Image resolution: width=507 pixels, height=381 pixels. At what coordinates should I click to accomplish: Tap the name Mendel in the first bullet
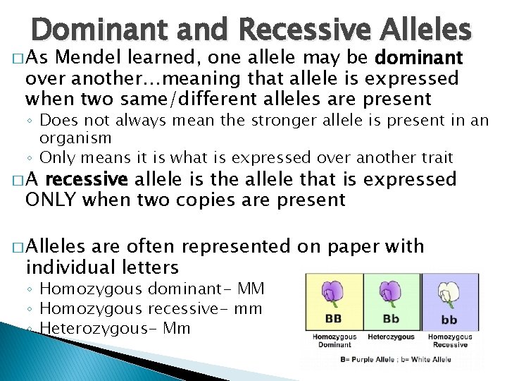128,58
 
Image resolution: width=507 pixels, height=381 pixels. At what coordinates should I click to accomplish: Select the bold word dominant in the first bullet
419,58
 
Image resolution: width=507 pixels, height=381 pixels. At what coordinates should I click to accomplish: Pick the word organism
75,138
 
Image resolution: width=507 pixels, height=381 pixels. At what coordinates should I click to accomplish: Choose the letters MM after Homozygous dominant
251,289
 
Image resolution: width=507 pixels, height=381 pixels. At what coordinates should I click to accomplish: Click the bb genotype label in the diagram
449,320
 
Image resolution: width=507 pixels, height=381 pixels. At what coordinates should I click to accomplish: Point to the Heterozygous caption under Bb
391,337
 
